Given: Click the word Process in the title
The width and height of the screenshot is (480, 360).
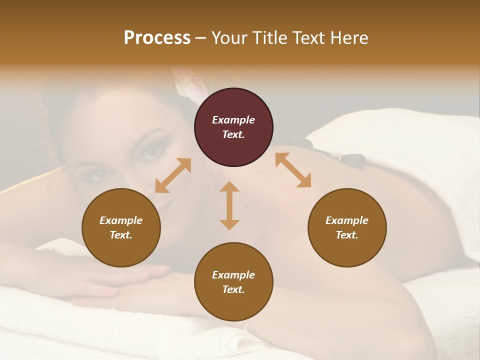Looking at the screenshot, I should coord(157,38).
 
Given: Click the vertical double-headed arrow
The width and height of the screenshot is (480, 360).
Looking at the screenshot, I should coord(229,205).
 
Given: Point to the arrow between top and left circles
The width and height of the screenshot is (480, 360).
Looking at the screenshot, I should coord(173,175).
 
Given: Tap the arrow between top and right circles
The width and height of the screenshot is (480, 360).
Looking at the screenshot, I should coord(293,170).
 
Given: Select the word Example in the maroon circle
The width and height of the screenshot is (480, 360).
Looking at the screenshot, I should coord(233,120).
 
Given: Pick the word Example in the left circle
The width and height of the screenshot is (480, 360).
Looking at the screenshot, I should coord(121,220).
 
